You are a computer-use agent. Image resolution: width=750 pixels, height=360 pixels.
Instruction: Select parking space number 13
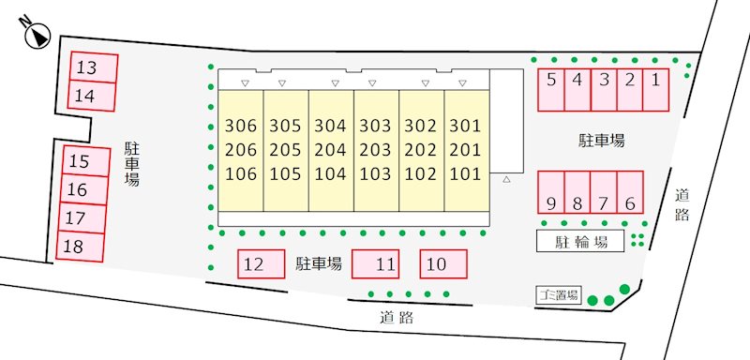click(95, 67)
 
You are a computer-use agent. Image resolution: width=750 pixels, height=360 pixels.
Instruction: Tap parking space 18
click(81, 247)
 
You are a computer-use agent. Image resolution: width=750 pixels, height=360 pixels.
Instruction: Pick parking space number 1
click(655, 90)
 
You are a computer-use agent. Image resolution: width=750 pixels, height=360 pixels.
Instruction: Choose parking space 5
click(551, 90)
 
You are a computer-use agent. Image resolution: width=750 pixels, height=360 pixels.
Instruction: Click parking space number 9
click(551, 192)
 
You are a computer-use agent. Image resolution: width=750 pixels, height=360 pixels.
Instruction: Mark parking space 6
click(630, 192)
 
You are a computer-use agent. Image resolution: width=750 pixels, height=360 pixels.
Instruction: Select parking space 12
click(262, 263)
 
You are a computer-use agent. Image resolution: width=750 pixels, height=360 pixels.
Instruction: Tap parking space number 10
click(443, 263)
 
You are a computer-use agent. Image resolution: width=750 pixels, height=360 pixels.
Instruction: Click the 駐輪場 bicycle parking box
click(580, 241)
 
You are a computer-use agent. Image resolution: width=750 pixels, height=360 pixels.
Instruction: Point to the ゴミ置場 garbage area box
click(557, 295)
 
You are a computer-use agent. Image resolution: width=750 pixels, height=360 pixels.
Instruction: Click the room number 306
click(241, 127)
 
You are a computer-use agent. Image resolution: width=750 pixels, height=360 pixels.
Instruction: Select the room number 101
click(465, 174)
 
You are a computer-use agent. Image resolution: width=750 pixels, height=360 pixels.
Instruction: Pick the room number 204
click(330, 150)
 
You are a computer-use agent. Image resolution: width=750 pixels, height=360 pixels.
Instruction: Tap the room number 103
click(375, 174)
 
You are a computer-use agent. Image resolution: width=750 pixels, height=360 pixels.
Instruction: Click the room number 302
click(420, 127)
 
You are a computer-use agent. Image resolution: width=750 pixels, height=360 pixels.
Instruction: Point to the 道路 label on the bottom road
click(397, 318)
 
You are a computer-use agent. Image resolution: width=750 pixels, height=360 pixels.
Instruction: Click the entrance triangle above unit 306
click(245, 83)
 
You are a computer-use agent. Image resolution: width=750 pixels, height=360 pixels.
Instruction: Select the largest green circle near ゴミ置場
click(624, 289)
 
